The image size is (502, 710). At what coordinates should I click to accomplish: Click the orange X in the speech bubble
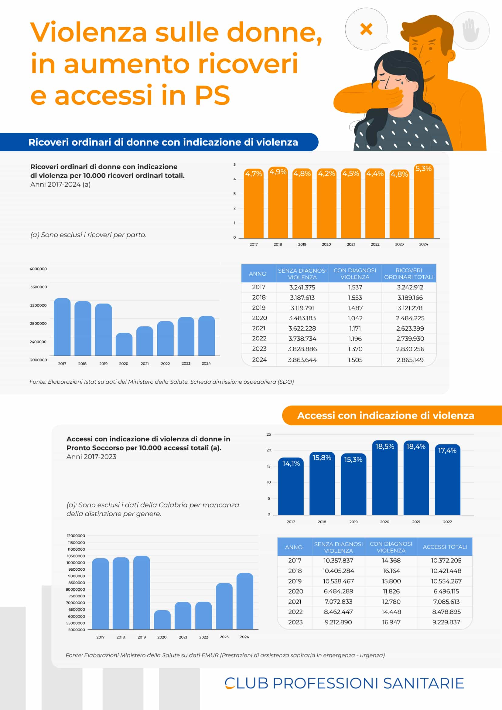pos(366,29)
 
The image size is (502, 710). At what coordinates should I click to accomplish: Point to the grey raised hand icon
pos(470,30)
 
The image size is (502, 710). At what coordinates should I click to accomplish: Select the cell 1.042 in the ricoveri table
pos(355,318)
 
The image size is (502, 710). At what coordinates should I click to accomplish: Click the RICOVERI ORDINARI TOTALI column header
pos(408,273)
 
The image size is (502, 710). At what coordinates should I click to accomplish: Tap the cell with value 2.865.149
pos(410,360)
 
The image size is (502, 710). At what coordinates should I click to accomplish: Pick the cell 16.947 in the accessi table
pos(391,622)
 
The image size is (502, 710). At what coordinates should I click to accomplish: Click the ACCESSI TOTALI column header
pos(445,547)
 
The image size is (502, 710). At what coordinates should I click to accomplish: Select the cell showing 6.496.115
pos(446,591)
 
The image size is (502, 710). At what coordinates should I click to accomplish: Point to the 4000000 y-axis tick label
pos(38,269)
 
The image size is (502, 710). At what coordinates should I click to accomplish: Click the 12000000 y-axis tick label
pos(76,535)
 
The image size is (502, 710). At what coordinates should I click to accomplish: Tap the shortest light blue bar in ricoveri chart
pos(124,345)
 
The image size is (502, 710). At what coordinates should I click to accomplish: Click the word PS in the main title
pos(212,95)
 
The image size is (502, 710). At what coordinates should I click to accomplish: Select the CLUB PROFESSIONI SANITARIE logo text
pos(344,683)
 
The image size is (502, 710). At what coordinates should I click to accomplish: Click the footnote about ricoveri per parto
pos(88,235)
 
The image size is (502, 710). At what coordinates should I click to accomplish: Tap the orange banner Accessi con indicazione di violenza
pos(385,415)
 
